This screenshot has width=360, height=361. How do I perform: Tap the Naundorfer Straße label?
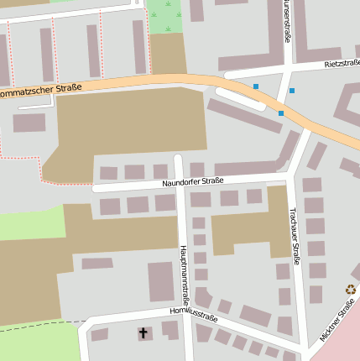193,180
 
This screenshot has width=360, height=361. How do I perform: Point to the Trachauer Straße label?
295,236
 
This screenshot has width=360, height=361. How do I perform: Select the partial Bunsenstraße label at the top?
286,21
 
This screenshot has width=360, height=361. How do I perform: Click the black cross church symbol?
143,333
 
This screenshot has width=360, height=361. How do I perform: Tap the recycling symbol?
350,290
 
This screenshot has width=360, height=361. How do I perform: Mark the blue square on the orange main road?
280,113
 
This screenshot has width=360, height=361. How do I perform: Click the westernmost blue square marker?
256,86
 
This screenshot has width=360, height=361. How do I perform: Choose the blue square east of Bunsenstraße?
292,91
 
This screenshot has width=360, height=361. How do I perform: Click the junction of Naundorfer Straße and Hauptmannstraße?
179,184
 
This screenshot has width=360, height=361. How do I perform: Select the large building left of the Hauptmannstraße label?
161,281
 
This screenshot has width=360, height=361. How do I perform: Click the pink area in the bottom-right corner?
344,344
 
